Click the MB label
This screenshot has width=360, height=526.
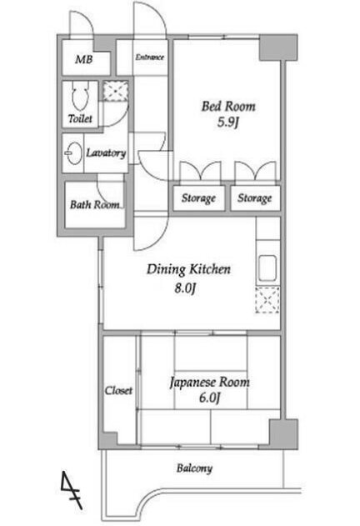(x=84, y=59)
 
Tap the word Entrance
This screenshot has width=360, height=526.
(x=150, y=57)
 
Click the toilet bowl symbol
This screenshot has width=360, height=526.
(x=80, y=97)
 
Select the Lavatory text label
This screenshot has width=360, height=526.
(x=106, y=153)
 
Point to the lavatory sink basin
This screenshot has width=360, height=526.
(x=73, y=153)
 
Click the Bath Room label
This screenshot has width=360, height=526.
(x=95, y=204)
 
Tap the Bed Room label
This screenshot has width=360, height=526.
(x=228, y=107)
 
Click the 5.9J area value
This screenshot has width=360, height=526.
(x=227, y=122)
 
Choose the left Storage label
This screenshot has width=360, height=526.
(x=198, y=198)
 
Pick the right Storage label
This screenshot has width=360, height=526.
(x=255, y=198)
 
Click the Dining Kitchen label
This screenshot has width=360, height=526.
(x=188, y=269)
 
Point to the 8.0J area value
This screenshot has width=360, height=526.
(x=184, y=288)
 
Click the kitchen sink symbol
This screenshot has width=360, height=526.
(x=267, y=268)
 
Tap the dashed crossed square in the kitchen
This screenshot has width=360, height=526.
(x=267, y=300)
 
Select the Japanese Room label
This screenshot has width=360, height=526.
(x=210, y=382)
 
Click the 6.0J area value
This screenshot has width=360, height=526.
(x=210, y=398)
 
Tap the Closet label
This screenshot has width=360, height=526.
(x=118, y=390)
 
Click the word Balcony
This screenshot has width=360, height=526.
(x=195, y=468)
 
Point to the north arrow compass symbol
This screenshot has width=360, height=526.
(x=71, y=490)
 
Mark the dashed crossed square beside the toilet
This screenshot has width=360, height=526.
(x=115, y=91)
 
